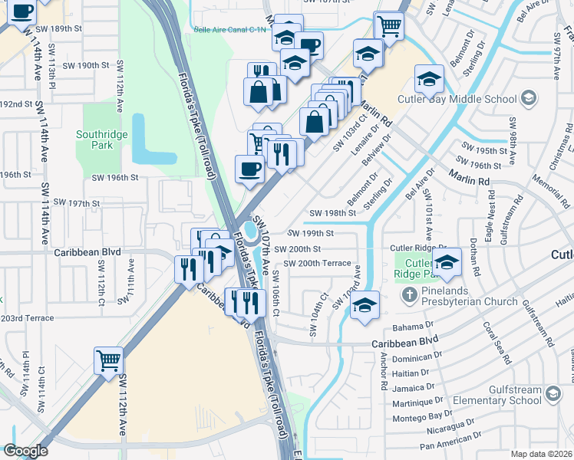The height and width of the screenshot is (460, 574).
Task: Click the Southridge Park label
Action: (100, 140)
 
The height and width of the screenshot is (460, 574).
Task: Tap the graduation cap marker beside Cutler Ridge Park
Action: (446, 261)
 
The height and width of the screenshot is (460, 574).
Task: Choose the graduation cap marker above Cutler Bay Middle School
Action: (429, 77)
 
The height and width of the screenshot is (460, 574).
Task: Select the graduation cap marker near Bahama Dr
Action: (365, 304)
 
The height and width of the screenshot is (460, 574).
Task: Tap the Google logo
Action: (25, 451)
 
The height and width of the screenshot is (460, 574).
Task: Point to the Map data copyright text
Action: (542, 454)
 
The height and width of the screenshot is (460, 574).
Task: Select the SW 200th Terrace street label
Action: (317, 264)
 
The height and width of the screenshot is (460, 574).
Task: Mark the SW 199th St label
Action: (311, 233)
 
